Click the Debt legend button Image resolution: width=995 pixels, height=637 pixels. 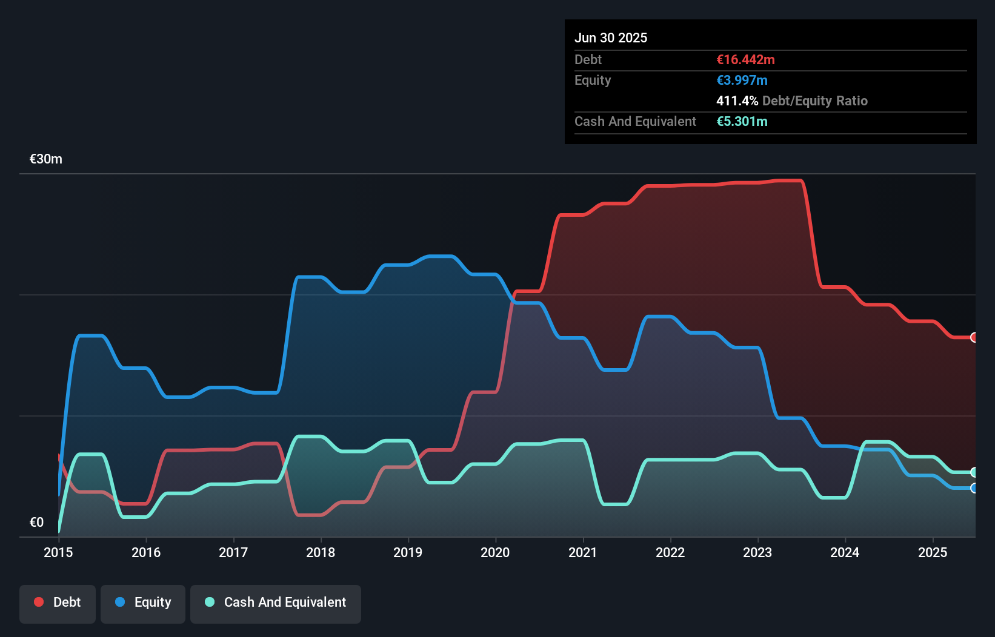pyautogui.click(x=58, y=603)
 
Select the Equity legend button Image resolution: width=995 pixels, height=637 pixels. pyautogui.click(x=143, y=603)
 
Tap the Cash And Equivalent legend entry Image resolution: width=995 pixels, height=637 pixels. pyautogui.click(x=276, y=603)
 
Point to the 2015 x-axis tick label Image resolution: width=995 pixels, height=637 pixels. pyautogui.click(x=58, y=552)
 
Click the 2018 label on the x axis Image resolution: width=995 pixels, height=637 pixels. pyautogui.click(x=321, y=552)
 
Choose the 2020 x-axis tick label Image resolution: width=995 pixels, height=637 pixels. pyautogui.click(x=495, y=552)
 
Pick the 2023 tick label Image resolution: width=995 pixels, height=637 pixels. pyautogui.click(x=757, y=552)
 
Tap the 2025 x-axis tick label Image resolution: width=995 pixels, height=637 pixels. pyautogui.click(x=933, y=552)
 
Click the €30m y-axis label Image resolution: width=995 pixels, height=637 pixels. pyautogui.click(x=46, y=159)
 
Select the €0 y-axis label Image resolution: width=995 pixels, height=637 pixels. pyautogui.click(x=36, y=522)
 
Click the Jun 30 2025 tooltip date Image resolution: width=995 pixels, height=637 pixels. pyautogui.click(x=611, y=38)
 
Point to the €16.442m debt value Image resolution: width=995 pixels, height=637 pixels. pyautogui.click(x=745, y=59)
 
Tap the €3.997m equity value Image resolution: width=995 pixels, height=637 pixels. pyautogui.click(x=742, y=80)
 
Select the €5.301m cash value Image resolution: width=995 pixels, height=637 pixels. pyautogui.click(x=742, y=121)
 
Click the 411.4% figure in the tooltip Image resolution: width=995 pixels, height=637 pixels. pyautogui.click(x=737, y=101)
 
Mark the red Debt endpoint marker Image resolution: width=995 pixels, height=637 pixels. pyautogui.click(x=974, y=337)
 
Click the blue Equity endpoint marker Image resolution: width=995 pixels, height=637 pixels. pyautogui.click(x=974, y=488)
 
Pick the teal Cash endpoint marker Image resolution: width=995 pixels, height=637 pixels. pyautogui.click(x=974, y=472)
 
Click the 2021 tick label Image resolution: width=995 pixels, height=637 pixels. pyautogui.click(x=582, y=552)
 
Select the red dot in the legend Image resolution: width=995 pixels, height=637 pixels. pyautogui.click(x=39, y=602)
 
